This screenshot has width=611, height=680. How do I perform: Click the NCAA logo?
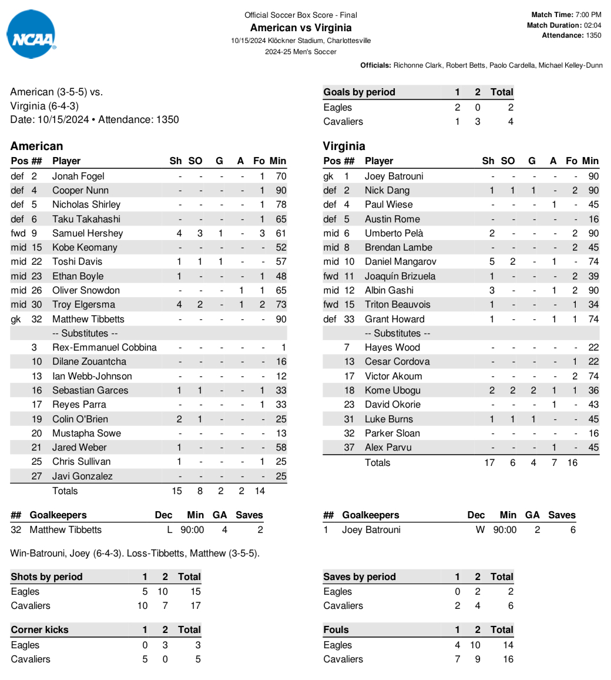pyautogui.click(x=32, y=35)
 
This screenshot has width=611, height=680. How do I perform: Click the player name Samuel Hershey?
pyautogui.click(x=88, y=233)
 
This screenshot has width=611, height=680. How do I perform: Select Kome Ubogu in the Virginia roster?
pyautogui.click(x=392, y=390)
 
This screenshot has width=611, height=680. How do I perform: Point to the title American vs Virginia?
pyautogui.click(x=301, y=28)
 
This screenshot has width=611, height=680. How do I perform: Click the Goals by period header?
pyautogui.click(x=359, y=92)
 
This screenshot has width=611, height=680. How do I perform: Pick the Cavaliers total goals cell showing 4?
pyautogui.click(x=511, y=122)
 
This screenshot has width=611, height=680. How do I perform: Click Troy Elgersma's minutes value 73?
pyautogui.click(x=280, y=305)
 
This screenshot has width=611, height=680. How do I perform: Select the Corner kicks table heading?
pyautogui.click(x=39, y=629)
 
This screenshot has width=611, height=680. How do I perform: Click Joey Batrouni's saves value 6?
pyautogui.click(x=572, y=529)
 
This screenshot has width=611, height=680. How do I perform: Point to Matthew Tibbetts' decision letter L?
pyautogui.click(x=170, y=529)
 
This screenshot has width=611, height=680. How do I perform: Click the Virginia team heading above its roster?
pyautogui.click(x=344, y=146)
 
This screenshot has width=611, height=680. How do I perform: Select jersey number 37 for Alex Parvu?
pyautogui.click(x=349, y=448)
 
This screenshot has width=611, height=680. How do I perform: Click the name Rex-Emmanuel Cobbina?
pyautogui.click(x=104, y=347)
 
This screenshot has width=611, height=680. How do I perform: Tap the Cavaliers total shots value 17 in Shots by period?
pyautogui.click(x=195, y=605)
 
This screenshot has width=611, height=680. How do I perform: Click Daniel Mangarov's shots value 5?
pyautogui.click(x=492, y=262)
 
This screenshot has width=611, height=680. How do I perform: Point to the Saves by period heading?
pyautogui.click(x=359, y=576)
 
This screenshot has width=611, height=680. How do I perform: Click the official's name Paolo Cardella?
pyautogui.click(x=511, y=65)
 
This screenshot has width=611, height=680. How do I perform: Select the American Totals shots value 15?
pyautogui.click(x=177, y=491)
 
